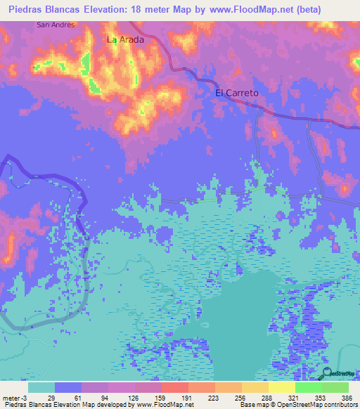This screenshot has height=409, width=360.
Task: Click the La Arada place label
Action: tap(125, 40)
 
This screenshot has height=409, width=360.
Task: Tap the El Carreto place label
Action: tap(237, 93)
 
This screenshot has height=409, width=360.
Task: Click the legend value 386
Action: tap(346, 398)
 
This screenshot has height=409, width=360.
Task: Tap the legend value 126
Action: tap(134, 398)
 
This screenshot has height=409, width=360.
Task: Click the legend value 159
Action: tap(160, 398)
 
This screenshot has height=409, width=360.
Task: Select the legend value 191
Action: tap(186, 398)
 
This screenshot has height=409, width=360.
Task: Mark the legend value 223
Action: tap(212, 398)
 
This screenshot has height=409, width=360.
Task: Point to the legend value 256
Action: tap(239, 398)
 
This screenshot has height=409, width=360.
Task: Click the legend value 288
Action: tap(266, 398)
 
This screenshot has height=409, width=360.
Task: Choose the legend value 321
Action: tap(292, 398)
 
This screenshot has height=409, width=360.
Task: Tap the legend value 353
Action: tap(319, 398)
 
